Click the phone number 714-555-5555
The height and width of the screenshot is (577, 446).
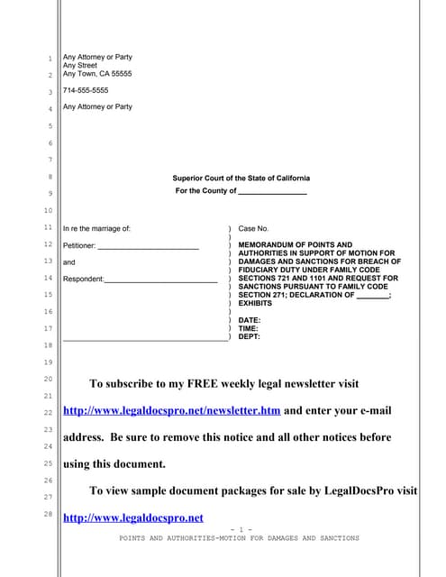[x=86, y=90]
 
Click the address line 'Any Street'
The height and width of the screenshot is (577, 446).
[x=80, y=66]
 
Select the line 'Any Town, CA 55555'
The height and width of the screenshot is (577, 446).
[x=96, y=74]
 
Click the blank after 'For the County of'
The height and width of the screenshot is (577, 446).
[x=272, y=191]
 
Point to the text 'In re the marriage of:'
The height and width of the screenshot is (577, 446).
[x=96, y=229]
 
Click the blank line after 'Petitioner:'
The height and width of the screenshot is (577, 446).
[x=148, y=246]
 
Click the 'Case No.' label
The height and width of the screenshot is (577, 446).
[x=253, y=229]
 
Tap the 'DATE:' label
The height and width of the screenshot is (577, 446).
[x=250, y=320]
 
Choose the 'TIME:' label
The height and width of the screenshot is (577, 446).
[x=249, y=329]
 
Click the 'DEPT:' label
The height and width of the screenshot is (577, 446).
[x=250, y=337]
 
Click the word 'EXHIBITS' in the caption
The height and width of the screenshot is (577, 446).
[x=255, y=304]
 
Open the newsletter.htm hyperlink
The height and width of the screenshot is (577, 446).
[x=171, y=411]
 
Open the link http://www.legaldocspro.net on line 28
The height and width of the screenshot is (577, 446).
[x=132, y=517]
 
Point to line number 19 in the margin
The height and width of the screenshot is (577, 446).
[x=49, y=362]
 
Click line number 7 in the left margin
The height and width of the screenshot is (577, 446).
[x=50, y=160]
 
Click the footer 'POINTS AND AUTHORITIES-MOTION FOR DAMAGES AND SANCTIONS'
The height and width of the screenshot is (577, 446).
[x=239, y=538]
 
